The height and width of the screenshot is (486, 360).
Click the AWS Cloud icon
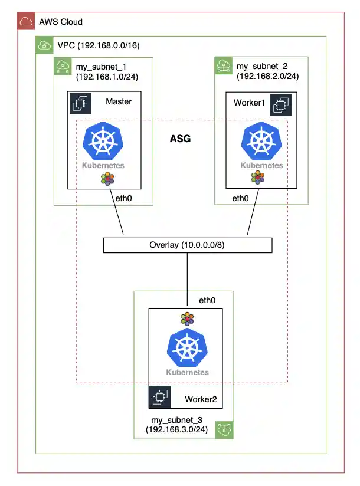(25, 22)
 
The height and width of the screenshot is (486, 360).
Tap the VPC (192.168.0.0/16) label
(98, 45)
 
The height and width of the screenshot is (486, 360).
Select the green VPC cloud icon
(44, 45)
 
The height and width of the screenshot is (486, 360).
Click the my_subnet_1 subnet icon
(62, 65)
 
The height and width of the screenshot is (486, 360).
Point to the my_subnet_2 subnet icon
(222, 65)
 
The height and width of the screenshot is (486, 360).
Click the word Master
(119, 101)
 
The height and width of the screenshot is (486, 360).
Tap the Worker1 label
(248, 103)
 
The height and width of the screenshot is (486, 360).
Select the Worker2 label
(201, 400)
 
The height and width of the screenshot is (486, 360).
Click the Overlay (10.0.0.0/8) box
(188, 245)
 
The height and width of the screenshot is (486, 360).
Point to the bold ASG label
(180, 139)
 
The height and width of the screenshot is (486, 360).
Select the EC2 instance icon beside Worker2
(159, 398)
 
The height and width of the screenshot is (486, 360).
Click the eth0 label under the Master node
(123, 198)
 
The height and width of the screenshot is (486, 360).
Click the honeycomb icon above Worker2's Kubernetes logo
(188, 318)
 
